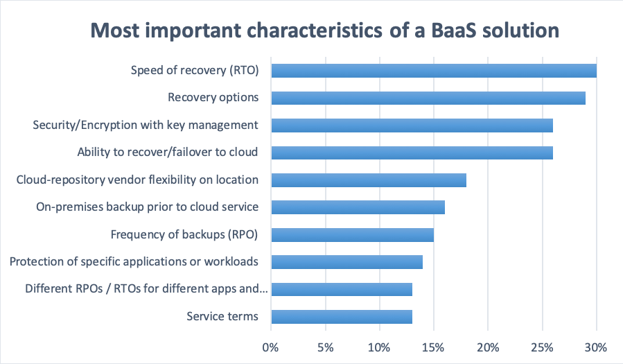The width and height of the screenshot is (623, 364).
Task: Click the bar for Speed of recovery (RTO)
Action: pyautogui.click(x=434, y=71)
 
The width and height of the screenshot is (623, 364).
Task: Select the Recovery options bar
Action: pyautogui.click(x=428, y=98)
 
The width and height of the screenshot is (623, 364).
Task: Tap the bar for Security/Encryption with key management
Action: pyautogui.click(x=412, y=125)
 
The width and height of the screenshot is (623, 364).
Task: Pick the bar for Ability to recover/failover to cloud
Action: pyautogui.click(x=412, y=153)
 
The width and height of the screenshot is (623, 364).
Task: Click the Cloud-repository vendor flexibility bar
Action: pyautogui.click(x=369, y=180)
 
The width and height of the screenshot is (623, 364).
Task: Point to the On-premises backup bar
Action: pyautogui.click(x=358, y=207)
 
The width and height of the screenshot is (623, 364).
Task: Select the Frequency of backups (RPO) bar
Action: pyautogui.click(x=353, y=234)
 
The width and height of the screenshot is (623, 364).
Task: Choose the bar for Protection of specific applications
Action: pyautogui.click(x=347, y=262)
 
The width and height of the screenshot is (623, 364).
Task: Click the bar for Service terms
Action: pyautogui.click(x=342, y=317)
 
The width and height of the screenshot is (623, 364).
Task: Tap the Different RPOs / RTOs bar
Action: pyautogui.click(x=342, y=289)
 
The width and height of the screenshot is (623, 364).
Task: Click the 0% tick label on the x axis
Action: pyautogui.click(x=270, y=348)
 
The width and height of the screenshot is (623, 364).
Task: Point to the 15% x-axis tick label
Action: pyautogui.click(x=433, y=348)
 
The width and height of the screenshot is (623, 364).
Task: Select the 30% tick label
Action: pyautogui.click(x=595, y=348)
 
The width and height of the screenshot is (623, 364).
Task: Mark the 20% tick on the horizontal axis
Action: pyautogui.click(x=487, y=348)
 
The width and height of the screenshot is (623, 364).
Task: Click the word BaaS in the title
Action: pyautogui.click(x=453, y=31)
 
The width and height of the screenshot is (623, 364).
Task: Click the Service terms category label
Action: pyautogui.click(x=222, y=316)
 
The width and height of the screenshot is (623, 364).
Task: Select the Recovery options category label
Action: pyautogui.click(x=213, y=98)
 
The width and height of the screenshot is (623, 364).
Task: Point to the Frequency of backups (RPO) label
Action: pyautogui.click(x=184, y=235)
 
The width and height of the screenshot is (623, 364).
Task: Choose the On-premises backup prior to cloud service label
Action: pyautogui.click(x=148, y=207)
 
